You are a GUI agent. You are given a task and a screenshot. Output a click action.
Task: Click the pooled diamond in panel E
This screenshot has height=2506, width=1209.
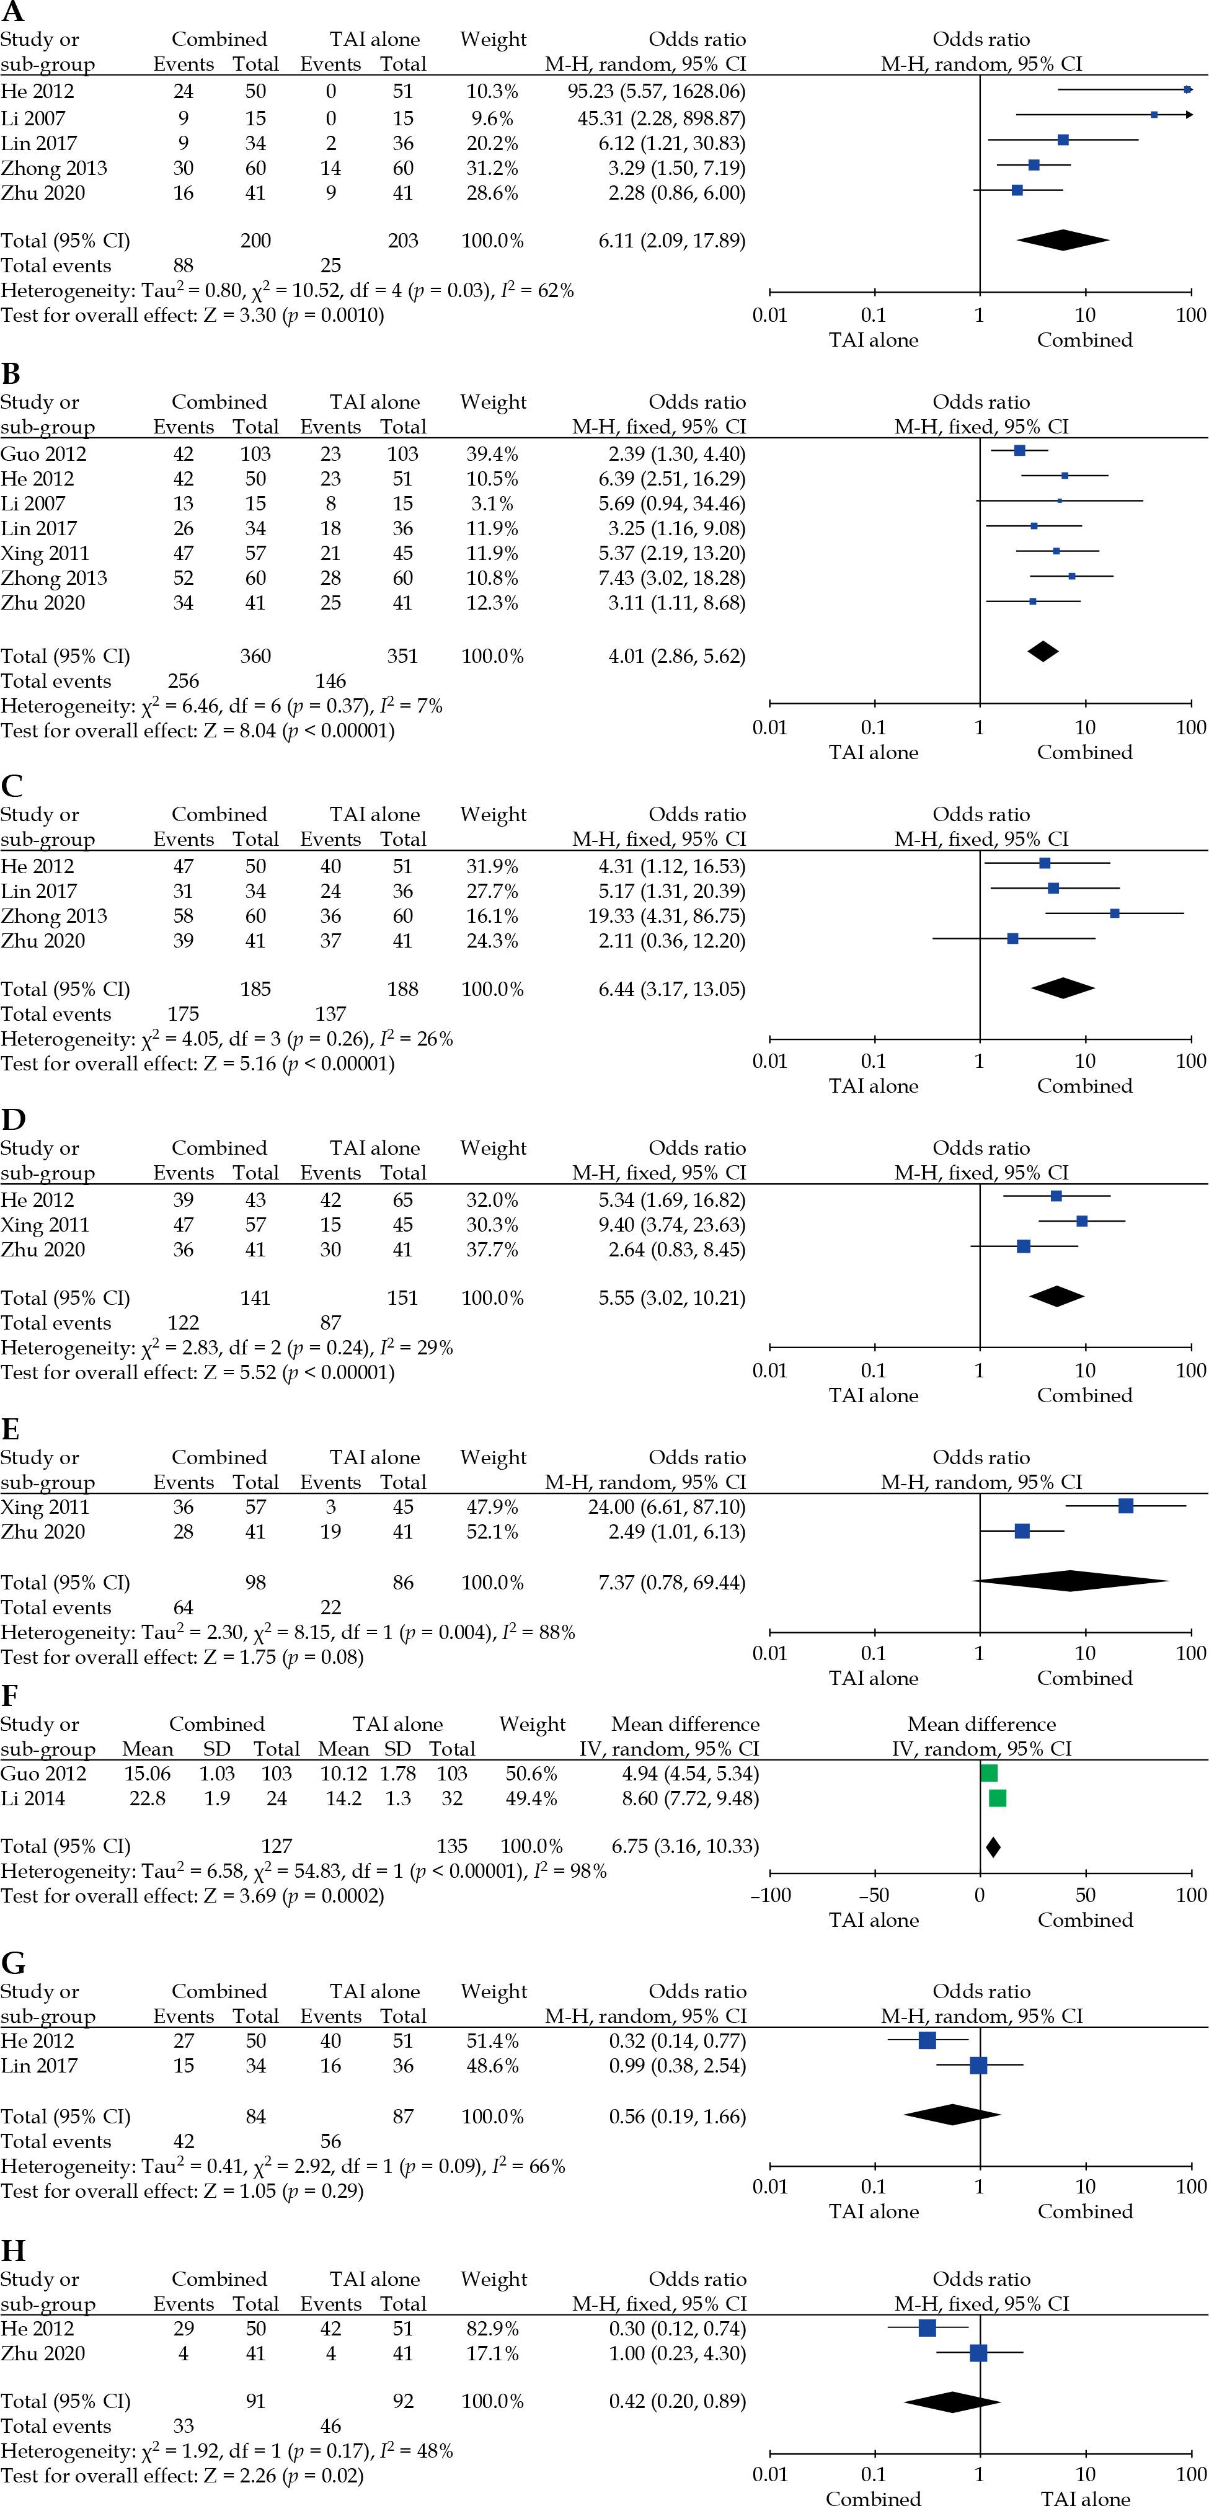point(1070,1582)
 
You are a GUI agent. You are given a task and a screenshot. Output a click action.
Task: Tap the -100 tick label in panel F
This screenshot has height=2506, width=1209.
point(770,1895)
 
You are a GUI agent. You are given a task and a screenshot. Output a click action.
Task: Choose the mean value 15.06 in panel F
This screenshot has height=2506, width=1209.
point(148,1774)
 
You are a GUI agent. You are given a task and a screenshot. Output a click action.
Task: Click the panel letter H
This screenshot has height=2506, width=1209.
point(12,2250)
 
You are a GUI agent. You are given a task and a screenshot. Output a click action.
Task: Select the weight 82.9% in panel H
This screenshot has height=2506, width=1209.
point(491,2329)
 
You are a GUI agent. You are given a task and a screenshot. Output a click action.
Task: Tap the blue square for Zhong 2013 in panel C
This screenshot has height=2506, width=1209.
point(1115,913)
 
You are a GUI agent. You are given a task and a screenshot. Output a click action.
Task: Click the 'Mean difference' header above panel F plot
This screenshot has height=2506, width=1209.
point(981,1724)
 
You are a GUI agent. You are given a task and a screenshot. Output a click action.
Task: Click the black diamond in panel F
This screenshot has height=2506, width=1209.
point(993,1846)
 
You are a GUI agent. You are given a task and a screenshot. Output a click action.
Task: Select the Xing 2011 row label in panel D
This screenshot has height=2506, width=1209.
point(45,1225)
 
